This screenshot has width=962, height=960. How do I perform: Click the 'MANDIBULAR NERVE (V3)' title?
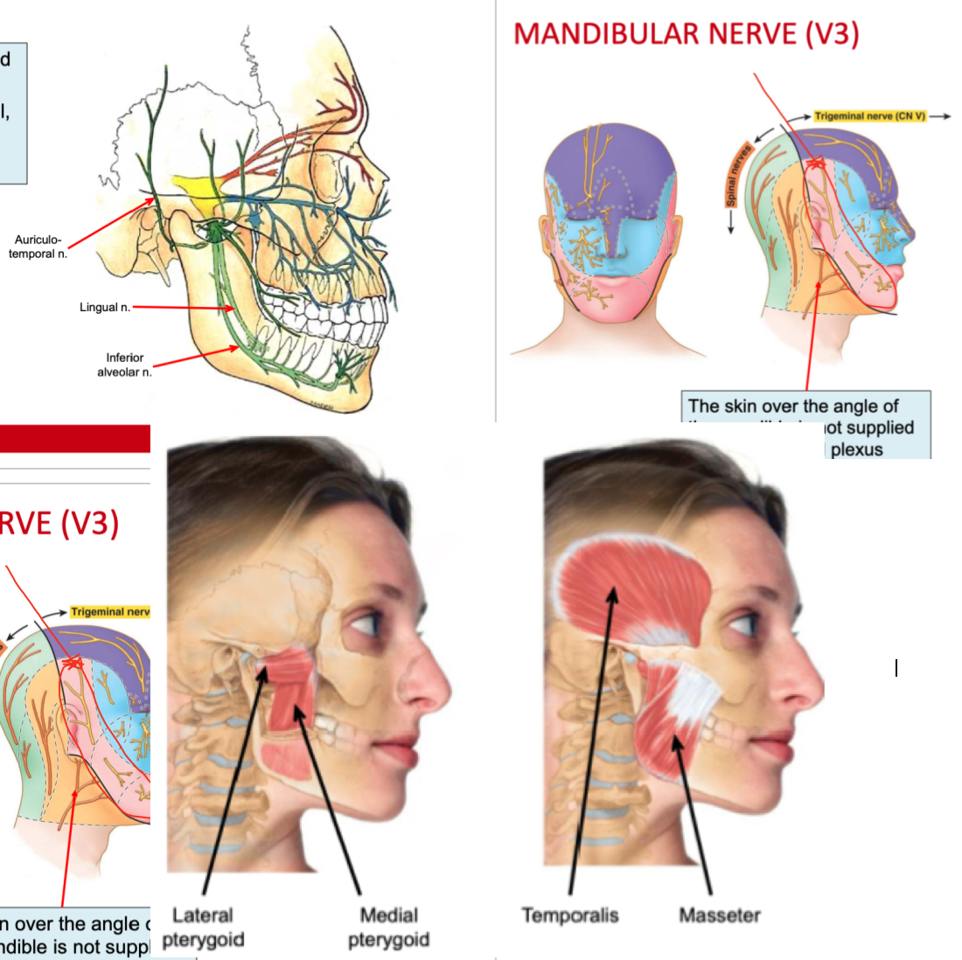(x=687, y=34)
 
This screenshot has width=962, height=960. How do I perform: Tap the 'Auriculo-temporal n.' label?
(x=38, y=247)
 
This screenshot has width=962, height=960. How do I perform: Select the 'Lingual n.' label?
(x=105, y=307)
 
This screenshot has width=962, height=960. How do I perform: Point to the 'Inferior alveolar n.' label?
(x=124, y=365)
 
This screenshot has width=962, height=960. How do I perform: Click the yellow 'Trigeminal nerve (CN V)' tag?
(x=869, y=115)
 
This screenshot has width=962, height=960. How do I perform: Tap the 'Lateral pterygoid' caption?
(x=203, y=928)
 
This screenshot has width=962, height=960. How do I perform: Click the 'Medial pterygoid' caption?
(x=388, y=928)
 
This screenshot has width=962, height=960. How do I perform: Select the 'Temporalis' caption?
(x=570, y=915)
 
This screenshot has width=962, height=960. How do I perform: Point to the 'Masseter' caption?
(x=720, y=915)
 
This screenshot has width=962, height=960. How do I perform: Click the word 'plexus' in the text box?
(x=856, y=449)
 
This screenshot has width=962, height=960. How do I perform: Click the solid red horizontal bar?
(x=75, y=438)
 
